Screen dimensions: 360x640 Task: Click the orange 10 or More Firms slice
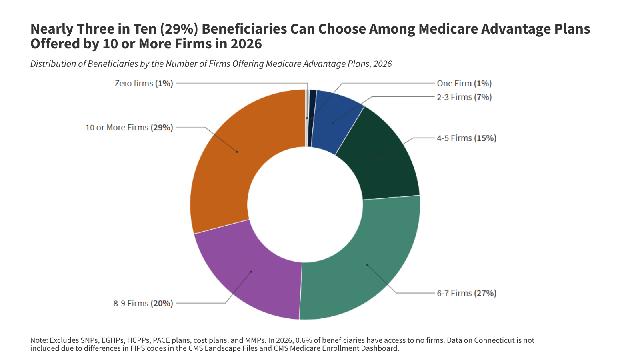tap(224, 168)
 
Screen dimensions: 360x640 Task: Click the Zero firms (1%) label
tap(144, 83)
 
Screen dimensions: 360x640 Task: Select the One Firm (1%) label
tap(464, 83)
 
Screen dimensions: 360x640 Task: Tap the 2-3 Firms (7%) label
tap(464, 97)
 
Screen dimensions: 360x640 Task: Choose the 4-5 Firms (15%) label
tap(466, 138)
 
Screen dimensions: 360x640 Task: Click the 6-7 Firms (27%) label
tap(466, 293)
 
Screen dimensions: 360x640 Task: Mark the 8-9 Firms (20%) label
tap(143, 303)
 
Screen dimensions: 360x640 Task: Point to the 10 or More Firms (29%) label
tap(129, 127)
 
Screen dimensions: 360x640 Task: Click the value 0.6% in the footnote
tap(304, 340)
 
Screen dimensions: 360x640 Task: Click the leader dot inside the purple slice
tap(251, 272)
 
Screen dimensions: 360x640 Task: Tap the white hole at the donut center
tap(305, 204)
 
